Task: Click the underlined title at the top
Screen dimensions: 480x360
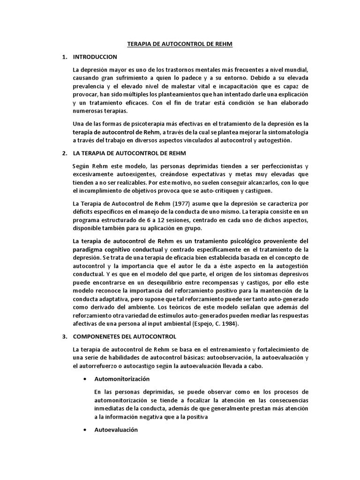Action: click(180, 45)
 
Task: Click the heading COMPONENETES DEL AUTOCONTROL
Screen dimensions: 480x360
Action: click(124, 337)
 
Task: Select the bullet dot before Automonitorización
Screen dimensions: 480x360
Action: click(84, 378)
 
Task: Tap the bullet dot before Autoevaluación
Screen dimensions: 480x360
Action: click(84, 429)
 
